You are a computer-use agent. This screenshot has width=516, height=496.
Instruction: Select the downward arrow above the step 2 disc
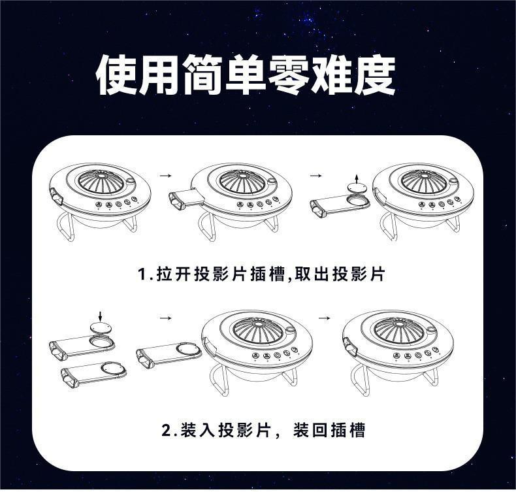click(100, 317)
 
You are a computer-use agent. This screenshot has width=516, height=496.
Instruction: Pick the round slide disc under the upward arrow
click(355, 187)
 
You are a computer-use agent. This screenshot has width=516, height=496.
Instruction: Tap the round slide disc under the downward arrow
click(100, 328)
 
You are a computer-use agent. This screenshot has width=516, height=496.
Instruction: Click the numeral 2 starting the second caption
click(166, 431)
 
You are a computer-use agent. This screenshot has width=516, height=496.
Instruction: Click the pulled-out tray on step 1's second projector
click(186, 199)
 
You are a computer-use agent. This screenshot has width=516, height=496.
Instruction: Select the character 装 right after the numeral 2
click(189, 431)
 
